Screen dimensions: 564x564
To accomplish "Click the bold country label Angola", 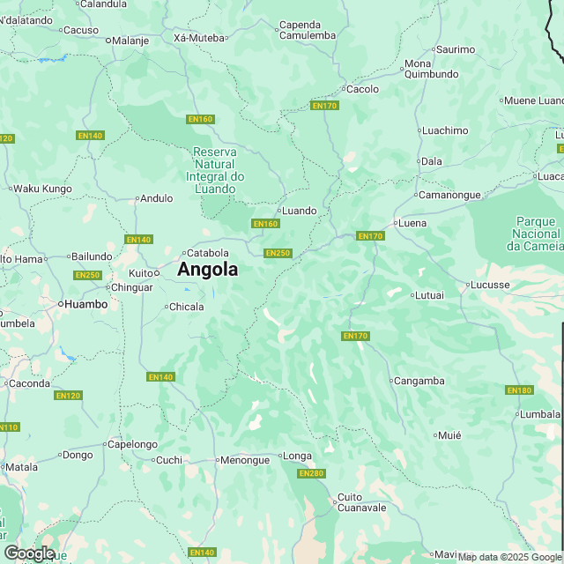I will coord(207,270).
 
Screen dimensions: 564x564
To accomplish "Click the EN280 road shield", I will coord(311,473).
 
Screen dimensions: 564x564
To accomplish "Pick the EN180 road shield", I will coord(519,390).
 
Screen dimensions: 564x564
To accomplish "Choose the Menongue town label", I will coord(243,459).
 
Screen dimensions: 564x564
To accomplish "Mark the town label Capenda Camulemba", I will coord(307,30).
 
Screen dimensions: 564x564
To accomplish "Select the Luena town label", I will coord(412,223).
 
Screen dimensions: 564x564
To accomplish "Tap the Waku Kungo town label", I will coord(41,188).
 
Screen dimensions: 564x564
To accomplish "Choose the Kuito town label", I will coord(141,273).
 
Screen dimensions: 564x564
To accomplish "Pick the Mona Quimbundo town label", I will coord(431,69).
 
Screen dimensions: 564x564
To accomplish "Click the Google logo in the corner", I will coord(28,553).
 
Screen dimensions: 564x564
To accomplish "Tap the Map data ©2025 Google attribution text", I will coord(509,557).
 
